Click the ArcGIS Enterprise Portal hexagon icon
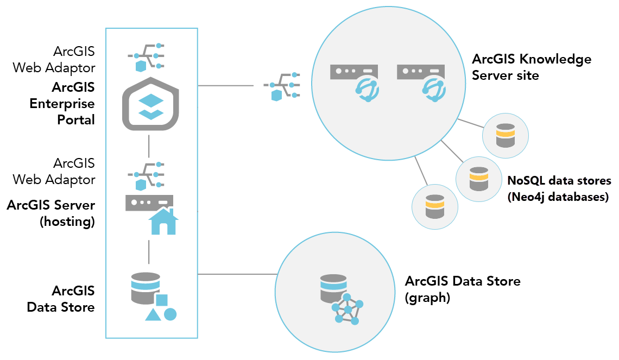pos(149,103)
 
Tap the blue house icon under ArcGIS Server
pos(163,222)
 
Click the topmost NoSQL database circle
pos(505,135)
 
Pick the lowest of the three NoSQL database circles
pos(434,207)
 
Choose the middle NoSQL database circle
pos(478,179)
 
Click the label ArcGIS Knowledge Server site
pos(531,67)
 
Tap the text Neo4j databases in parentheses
pos(557,197)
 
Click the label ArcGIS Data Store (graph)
pos(462,289)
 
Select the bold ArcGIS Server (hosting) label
pos(52,213)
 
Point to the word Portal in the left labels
pos(76,120)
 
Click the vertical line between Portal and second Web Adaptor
pos(149,144)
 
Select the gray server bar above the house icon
pos(149,203)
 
